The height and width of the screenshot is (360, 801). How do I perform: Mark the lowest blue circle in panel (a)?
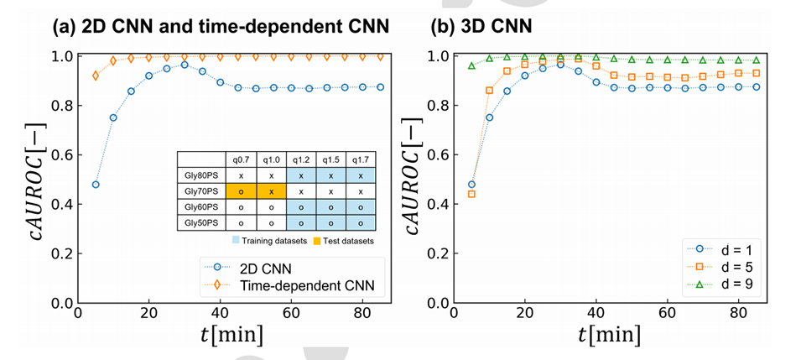[96, 185]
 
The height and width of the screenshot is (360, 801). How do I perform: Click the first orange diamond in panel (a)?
[96, 76]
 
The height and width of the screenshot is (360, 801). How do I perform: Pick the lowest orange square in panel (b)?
[471, 194]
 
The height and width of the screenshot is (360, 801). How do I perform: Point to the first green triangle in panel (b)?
[471, 65]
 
